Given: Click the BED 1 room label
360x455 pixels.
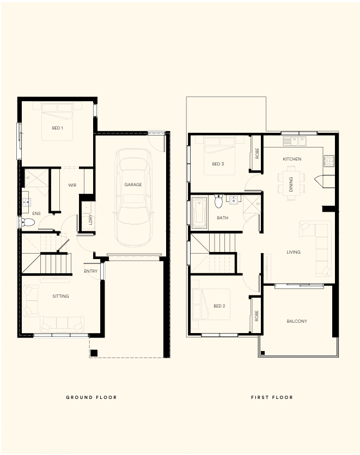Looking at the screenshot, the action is coord(58,128).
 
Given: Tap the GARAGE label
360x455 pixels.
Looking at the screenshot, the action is coord(133,185).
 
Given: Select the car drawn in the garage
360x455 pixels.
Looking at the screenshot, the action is coord(133,198).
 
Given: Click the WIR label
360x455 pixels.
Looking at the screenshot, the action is coord(72,185).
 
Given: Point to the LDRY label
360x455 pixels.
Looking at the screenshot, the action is coord(90,219).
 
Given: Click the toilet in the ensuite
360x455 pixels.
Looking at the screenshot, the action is coord(27,223).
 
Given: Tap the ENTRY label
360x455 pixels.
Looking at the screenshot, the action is coord(90,271).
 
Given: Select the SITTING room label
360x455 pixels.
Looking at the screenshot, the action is coord(60,296).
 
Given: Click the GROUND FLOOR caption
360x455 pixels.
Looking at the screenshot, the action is coord(91,397).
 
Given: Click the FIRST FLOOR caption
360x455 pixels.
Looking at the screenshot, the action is coord(272,397).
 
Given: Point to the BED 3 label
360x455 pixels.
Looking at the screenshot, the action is coord(218,164).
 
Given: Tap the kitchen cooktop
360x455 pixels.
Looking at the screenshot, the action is coord(329,161).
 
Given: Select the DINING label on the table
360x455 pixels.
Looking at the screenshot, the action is coord(291,185).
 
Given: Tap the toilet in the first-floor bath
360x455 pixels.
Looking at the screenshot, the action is coord(218,201).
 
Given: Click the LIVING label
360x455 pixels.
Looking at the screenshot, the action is coord(293,252).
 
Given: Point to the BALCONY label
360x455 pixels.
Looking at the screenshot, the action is coord(297,321).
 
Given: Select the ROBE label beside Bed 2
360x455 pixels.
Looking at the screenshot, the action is coord(257,316).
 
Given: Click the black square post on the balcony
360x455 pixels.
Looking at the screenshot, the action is coord(263,353).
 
